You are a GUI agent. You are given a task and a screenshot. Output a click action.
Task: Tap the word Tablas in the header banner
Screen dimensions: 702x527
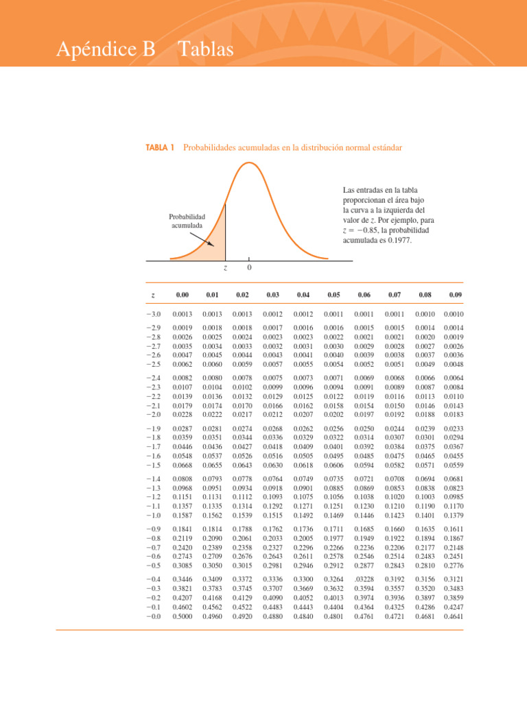coord(206,49)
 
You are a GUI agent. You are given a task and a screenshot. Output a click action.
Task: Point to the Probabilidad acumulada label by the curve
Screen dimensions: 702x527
coord(187,221)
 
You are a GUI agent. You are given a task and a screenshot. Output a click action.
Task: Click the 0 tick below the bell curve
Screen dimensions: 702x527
coord(248,267)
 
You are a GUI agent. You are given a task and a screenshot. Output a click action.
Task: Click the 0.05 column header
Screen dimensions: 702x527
coord(333,295)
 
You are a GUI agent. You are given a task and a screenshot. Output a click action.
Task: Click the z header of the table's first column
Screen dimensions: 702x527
coord(152,295)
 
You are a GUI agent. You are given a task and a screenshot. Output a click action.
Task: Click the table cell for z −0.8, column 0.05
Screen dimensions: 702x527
coord(333,540)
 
